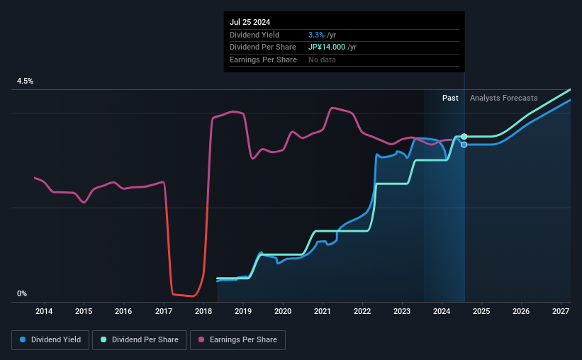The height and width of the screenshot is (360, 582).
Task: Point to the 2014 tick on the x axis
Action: pyautogui.click(x=44, y=311)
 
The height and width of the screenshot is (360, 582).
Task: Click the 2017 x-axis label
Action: pyautogui.click(x=164, y=311)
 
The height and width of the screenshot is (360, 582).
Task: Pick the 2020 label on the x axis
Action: pyautogui.click(x=283, y=311)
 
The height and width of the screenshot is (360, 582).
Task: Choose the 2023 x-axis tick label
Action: pyautogui.click(x=402, y=311)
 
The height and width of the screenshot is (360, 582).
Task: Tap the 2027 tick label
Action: pyautogui.click(x=561, y=311)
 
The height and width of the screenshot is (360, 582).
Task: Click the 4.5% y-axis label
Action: pyautogui.click(x=26, y=81)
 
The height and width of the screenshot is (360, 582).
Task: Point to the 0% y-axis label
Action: pyautogui.click(x=22, y=293)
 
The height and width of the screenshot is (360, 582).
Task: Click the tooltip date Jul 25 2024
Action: pyautogui.click(x=250, y=23)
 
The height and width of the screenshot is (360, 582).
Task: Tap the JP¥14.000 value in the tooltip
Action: pyautogui.click(x=327, y=47)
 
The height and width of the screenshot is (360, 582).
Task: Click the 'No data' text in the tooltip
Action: pyautogui.click(x=322, y=60)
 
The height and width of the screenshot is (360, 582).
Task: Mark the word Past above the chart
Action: pyautogui.click(x=450, y=98)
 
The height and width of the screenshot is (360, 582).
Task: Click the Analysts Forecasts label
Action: pyautogui.click(x=503, y=98)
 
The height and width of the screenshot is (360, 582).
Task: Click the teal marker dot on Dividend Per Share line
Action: pyautogui.click(x=464, y=136)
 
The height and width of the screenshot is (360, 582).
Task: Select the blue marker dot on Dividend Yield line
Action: pyautogui.click(x=464, y=145)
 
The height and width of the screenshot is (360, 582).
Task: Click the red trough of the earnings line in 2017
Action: pyautogui.click(x=184, y=296)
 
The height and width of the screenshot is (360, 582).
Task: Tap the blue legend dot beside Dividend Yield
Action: pyautogui.click(x=23, y=340)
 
